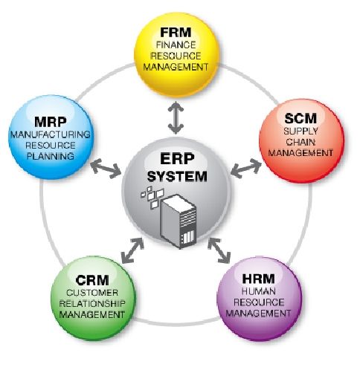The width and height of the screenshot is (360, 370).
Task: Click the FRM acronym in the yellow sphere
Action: click(176, 32)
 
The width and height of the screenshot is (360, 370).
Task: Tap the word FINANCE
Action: click(176, 45)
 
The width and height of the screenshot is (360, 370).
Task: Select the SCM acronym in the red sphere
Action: click(300, 118)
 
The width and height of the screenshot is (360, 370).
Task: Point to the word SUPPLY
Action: click(300, 131)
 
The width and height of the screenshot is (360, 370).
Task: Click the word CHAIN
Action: click(300, 142)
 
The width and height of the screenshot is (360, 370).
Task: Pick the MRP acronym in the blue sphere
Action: click(51, 122)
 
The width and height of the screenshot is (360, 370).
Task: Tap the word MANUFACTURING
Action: click(51, 134)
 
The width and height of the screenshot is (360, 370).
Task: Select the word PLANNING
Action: click(51, 156)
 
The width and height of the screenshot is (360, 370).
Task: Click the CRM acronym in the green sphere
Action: click(92, 280)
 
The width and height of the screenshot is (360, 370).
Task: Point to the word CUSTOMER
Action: click(92, 293)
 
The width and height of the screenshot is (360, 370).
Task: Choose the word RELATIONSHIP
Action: click(92, 304)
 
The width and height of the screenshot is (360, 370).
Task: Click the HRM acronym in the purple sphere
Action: click(258, 279)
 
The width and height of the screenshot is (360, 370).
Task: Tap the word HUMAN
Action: click(258, 291)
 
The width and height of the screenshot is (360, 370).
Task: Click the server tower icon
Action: click(179, 221)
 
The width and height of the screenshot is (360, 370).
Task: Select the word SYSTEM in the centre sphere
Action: click(177, 176)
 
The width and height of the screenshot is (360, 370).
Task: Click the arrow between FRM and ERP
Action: click(176, 117)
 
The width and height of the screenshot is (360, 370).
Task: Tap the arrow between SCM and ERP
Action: click(246, 169)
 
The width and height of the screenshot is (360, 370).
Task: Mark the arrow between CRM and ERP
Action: click(133, 250)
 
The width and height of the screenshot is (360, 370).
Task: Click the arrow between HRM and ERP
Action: click(219, 250)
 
